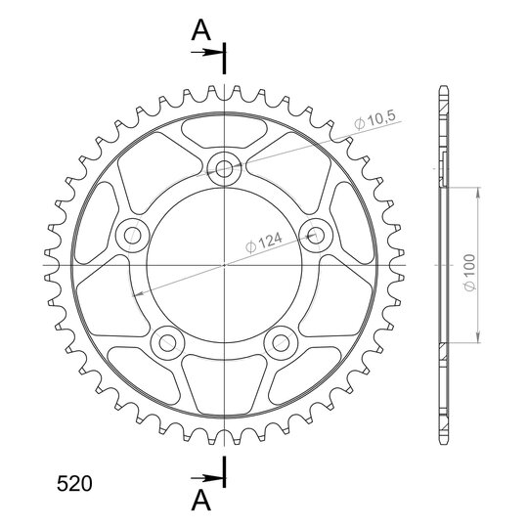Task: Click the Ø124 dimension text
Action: [264, 242]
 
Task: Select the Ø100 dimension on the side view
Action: [469, 272]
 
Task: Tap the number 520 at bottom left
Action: [74, 484]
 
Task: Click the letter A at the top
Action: [201, 30]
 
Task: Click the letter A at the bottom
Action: [201, 500]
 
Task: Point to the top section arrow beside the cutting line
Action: [207, 52]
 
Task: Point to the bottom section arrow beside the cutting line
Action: [207, 478]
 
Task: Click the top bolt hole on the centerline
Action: [224, 168]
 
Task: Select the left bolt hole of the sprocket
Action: [132, 236]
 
